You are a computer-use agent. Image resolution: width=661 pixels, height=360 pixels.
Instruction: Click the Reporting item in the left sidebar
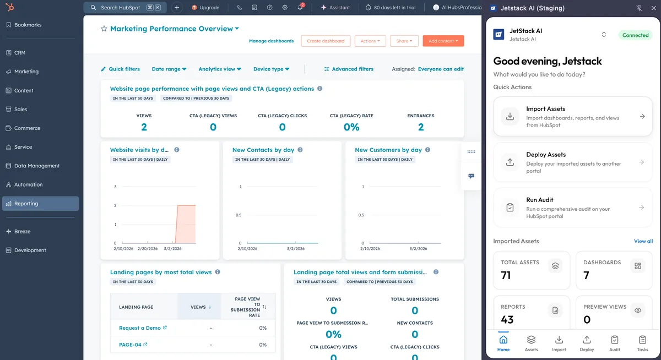tap(26, 204)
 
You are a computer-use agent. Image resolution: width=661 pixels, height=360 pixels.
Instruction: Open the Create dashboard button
tap(326, 41)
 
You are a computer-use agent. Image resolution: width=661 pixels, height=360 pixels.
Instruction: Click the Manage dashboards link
tap(271, 41)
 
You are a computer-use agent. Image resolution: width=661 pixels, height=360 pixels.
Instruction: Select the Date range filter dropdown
tap(169, 69)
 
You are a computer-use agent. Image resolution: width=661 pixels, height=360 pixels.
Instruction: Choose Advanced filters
tap(349, 69)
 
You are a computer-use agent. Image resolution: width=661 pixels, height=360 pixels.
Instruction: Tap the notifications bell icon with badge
tap(300, 8)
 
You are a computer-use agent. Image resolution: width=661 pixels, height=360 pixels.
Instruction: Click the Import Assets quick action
tap(573, 116)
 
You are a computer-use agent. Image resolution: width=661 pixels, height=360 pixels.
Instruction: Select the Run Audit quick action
tap(573, 207)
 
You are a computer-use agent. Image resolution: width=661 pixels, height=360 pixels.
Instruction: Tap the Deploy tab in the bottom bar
tap(587, 342)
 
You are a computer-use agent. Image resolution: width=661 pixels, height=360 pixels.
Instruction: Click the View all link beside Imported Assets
tap(643, 241)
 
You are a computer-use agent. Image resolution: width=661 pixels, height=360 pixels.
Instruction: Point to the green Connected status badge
tap(635, 35)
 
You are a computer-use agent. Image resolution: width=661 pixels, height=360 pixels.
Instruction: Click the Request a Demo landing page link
tap(140, 328)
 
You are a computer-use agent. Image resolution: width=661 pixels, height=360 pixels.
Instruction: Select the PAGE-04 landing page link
tap(130, 345)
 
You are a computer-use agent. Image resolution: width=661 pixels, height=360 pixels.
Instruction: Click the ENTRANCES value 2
tap(421, 127)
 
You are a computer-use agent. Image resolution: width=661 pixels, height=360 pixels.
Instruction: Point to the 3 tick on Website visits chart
tap(115, 187)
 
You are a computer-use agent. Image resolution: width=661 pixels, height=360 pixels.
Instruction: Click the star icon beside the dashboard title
tap(104, 29)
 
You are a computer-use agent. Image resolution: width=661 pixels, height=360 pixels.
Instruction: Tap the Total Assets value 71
tap(506, 275)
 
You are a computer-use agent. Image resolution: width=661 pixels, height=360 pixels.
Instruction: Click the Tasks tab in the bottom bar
tap(642, 342)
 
